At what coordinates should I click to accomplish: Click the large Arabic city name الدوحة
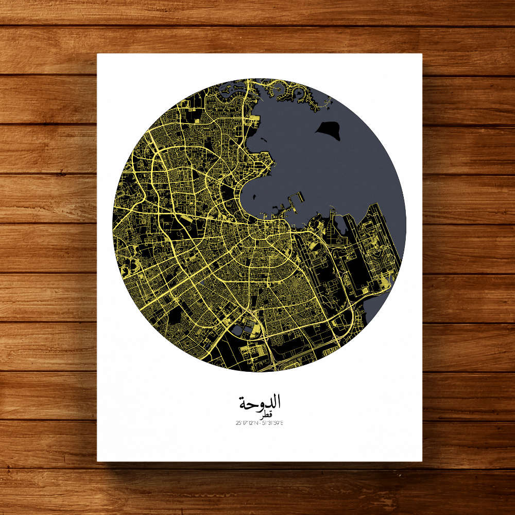tap(260, 402)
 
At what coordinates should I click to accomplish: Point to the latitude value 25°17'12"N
tap(247, 423)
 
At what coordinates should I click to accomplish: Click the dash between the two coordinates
tap(260, 423)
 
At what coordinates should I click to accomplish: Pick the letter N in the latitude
tap(256, 423)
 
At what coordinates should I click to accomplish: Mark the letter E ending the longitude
tap(283, 423)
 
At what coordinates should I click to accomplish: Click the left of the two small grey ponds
tap(236, 330)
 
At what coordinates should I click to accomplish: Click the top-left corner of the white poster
tap(98, 54)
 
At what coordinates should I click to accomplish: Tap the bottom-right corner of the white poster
tap(422, 460)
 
